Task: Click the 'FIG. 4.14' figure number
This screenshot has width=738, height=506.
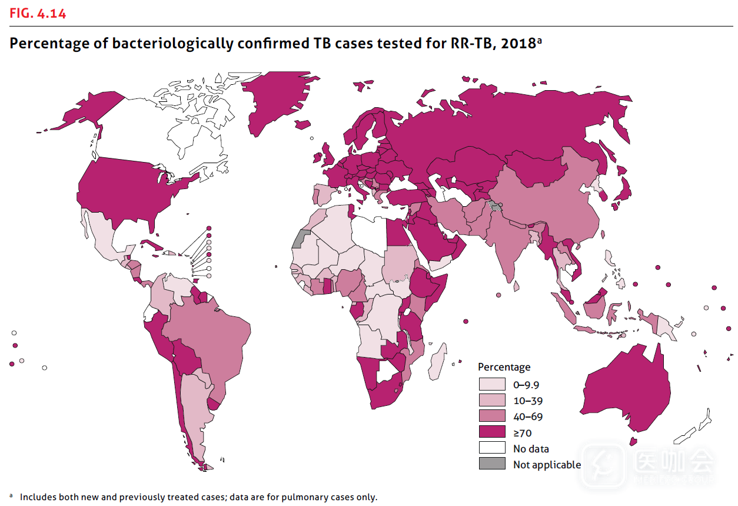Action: tap(38, 13)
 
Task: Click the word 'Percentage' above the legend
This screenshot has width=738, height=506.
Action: tap(504, 367)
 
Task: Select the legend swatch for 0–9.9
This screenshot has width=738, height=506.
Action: tap(492, 385)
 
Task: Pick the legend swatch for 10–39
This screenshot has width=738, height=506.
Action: tap(492, 401)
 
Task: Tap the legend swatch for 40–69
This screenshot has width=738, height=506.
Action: tap(492, 416)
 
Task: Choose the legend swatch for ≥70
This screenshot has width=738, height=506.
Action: tap(492, 432)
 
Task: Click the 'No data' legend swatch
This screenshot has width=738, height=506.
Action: tap(492, 448)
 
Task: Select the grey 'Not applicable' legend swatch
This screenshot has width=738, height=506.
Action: tap(492, 464)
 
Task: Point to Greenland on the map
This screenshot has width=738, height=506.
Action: tap(274, 100)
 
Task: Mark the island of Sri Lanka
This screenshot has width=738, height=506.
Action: tap(516, 286)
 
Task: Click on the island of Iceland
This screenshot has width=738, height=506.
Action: tap(302, 124)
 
